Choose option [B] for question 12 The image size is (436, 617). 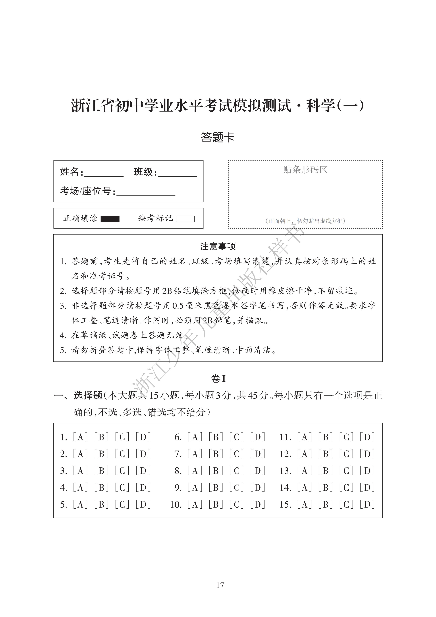tap(326, 454)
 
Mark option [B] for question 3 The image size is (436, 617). tap(101, 471)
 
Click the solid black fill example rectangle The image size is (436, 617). tap(110, 219)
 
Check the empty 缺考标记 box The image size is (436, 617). tap(185, 219)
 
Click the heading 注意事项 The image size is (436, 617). tap(218, 246)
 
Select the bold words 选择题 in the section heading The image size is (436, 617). tap(88, 395)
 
